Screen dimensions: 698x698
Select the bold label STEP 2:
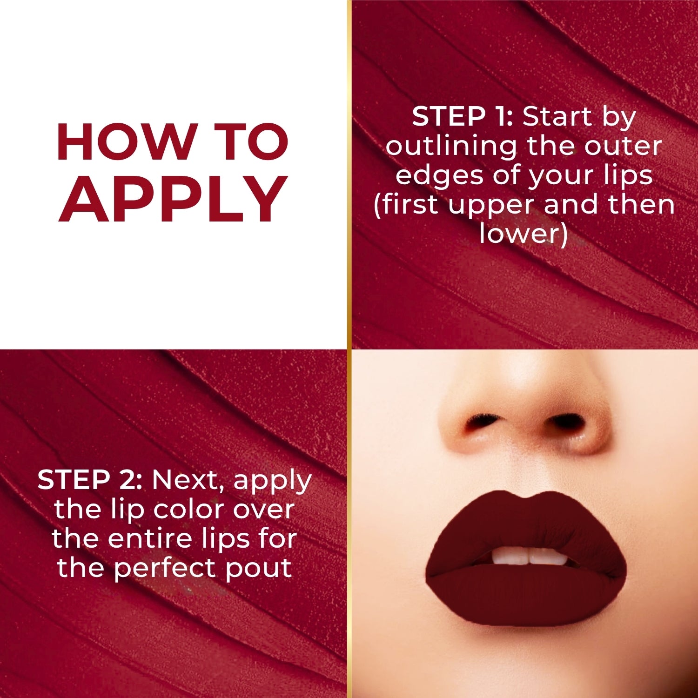(90, 480)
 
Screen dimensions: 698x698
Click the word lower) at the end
(523, 234)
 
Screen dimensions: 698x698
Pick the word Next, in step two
(192, 480)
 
